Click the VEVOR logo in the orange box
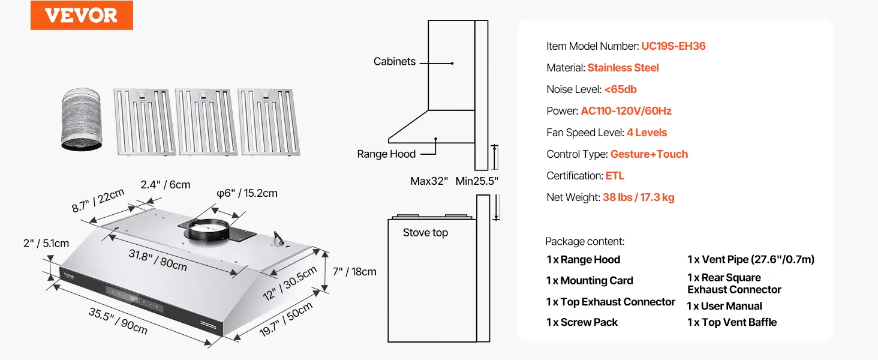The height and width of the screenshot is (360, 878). click(82, 16)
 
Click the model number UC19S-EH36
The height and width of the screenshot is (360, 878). click(673, 46)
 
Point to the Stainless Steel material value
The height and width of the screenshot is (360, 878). click(623, 68)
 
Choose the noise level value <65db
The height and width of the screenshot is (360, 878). click(620, 89)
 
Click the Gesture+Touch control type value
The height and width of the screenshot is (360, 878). click(649, 154)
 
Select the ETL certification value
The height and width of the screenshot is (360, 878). click(615, 176)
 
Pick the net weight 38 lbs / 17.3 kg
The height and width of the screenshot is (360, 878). click(638, 197)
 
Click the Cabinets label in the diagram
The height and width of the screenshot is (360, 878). click(394, 61)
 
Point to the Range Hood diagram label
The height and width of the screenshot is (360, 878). click(386, 154)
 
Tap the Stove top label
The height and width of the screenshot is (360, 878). click(425, 233)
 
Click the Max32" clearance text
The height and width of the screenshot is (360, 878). click(429, 181)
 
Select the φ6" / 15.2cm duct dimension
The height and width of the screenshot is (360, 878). click(247, 193)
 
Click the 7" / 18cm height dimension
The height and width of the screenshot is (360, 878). click(354, 272)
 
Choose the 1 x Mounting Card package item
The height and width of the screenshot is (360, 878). click(590, 281)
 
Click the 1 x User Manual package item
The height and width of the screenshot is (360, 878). click(724, 306)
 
